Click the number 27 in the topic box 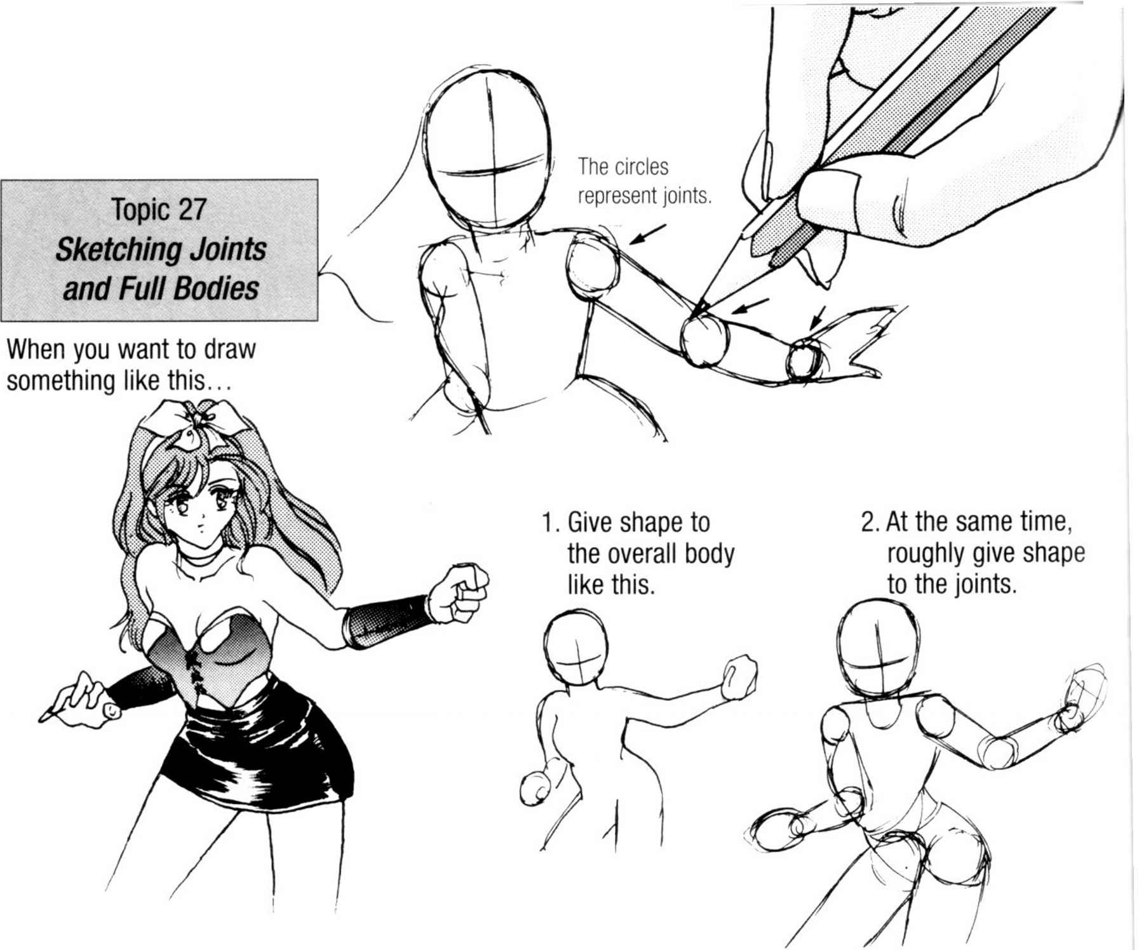click(189, 209)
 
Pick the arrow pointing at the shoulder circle click(648, 234)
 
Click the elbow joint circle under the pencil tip click(704, 340)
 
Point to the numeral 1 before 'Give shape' click(549, 523)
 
